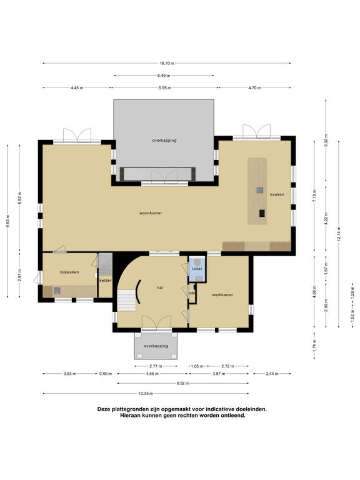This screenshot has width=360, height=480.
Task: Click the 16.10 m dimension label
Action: coord(167,63)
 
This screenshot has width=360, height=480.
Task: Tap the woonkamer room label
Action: coord(151,212)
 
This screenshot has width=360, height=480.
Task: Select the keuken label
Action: coord(277,194)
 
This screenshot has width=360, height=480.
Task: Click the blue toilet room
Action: coord(197,269)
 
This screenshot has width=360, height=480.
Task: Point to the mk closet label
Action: coord(192,293)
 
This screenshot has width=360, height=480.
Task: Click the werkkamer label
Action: coord(222,295)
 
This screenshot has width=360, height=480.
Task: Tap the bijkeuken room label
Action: coord(69,272)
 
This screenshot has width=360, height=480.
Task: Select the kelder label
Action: coord(105,280)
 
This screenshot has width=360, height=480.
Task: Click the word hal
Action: coord(159,287)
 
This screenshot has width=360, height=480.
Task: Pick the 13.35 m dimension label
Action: coord(146,393)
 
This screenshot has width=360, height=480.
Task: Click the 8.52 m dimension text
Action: coord(182,383)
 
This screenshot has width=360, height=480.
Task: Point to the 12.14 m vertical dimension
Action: coord(339,234)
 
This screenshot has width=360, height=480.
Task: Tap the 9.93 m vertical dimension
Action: coord(7,221)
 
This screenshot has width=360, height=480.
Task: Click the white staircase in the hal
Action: coord(127,300)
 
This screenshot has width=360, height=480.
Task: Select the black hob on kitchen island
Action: coord(262,213)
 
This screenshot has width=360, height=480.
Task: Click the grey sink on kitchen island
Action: coord(259,190)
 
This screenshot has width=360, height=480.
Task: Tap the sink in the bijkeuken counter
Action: coord(57,291)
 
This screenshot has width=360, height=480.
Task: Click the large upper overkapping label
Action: coord(164,141)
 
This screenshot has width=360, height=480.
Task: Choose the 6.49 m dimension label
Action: coord(164,75)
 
